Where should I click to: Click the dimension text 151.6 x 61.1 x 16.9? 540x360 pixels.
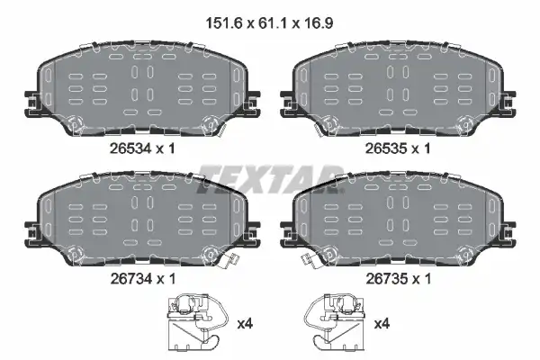pyautogui.click(x=269, y=23)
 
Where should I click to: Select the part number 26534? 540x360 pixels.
pyautogui.click(x=130, y=148)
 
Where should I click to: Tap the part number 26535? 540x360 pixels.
pyautogui.click(x=386, y=148)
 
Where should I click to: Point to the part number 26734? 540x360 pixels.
pyautogui.click(x=130, y=278)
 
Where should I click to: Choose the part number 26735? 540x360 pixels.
pyautogui.click(x=386, y=278)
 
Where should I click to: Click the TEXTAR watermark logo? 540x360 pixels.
pyautogui.click(x=270, y=179)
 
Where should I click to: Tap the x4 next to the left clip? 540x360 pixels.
pyautogui.click(x=245, y=324)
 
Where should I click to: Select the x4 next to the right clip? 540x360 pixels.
pyautogui.click(x=382, y=324)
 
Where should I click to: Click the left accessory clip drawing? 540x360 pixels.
pyautogui.click(x=197, y=323)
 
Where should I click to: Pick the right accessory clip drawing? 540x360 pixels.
pyautogui.click(x=335, y=323)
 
